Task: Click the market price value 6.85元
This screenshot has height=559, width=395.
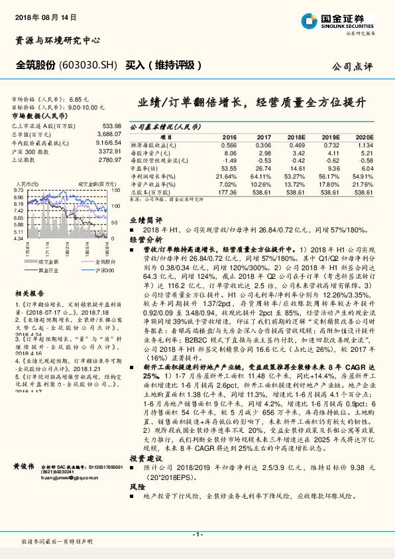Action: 78,98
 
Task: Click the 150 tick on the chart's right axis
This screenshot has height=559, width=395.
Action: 116,189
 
